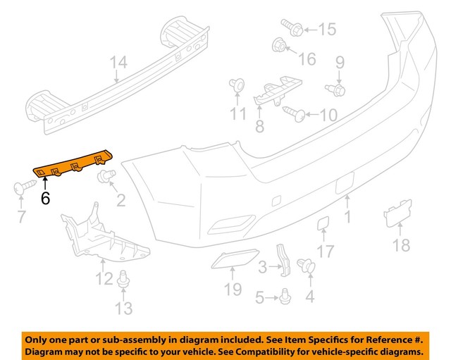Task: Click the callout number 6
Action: tap(46, 198)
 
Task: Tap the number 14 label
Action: tap(118, 63)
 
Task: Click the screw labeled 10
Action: tap(292, 111)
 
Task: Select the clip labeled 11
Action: tap(237, 87)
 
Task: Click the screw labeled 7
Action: tap(23, 188)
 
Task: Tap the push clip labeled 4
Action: tap(306, 266)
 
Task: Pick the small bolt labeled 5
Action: tap(284, 299)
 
